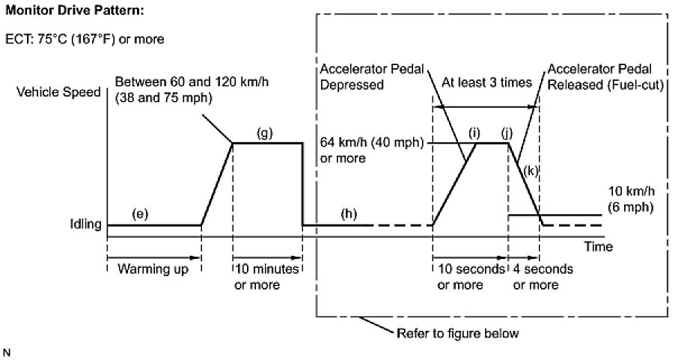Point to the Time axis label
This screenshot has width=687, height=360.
pyautogui.click(x=599, y=246)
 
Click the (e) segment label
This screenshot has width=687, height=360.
pyautogui.click(x=140, y=213)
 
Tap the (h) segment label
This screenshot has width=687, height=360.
pyautogui.click(x=348, y=213)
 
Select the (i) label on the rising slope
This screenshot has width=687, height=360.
pyautogui.click(x=473, y=132)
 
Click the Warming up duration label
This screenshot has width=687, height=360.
pyautogui.click(x=153, y=269)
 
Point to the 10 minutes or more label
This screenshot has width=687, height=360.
pyautogui.click(x=267, y=276)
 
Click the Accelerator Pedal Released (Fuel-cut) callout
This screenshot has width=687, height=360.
pyautogui.click(x=605, y=78)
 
